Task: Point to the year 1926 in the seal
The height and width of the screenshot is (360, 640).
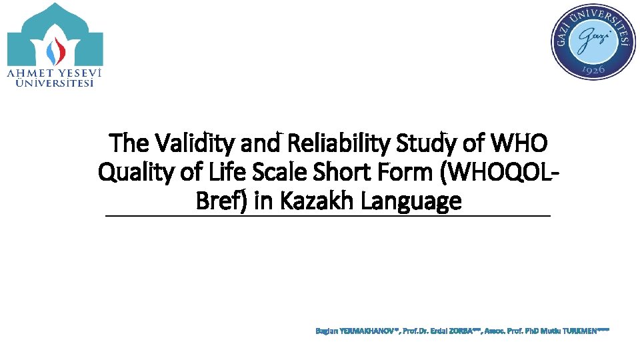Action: (593, 69)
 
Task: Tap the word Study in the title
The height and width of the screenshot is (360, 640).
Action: (425, 143)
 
